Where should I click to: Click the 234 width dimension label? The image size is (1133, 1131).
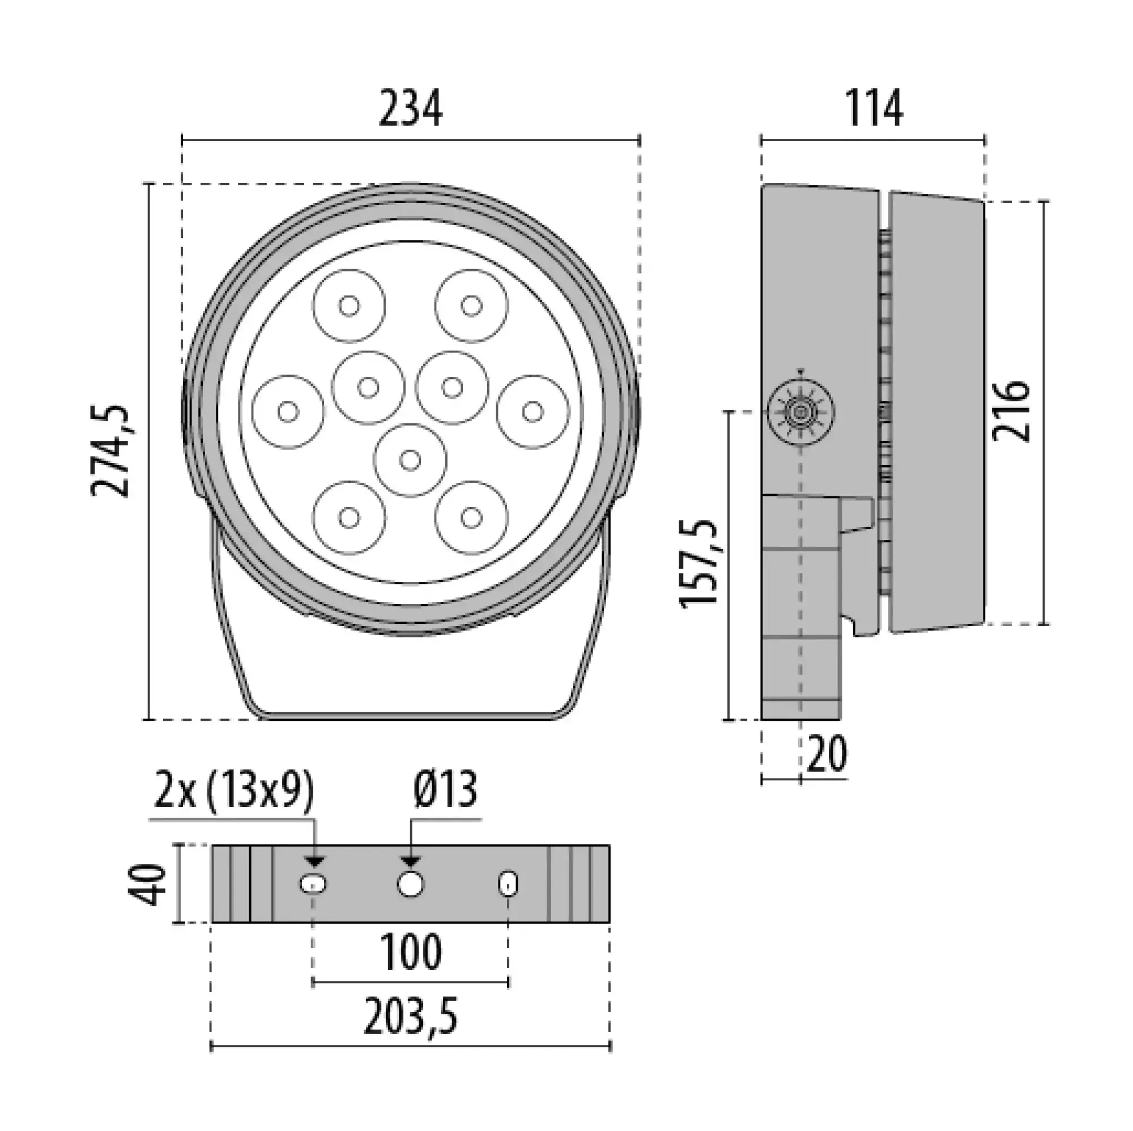point(410,110)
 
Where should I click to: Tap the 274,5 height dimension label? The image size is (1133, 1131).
point(110,450)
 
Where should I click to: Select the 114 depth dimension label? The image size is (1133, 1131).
point(873,110)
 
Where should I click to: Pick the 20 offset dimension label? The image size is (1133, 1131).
point(827,754)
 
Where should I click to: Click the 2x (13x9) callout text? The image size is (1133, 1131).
point(233,791)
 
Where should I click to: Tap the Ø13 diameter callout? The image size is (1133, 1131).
point(445,791)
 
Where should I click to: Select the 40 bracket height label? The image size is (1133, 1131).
point(147,884)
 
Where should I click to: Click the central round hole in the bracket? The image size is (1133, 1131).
point(411,883)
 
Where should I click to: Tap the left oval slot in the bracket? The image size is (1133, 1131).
point(314,883)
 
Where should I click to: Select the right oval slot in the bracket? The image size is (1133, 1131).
point(508,883)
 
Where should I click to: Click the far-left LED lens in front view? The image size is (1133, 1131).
point(288,412)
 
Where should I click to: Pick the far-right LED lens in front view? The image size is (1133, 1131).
point(533,412)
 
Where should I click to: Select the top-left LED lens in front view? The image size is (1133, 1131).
point(350,305)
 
